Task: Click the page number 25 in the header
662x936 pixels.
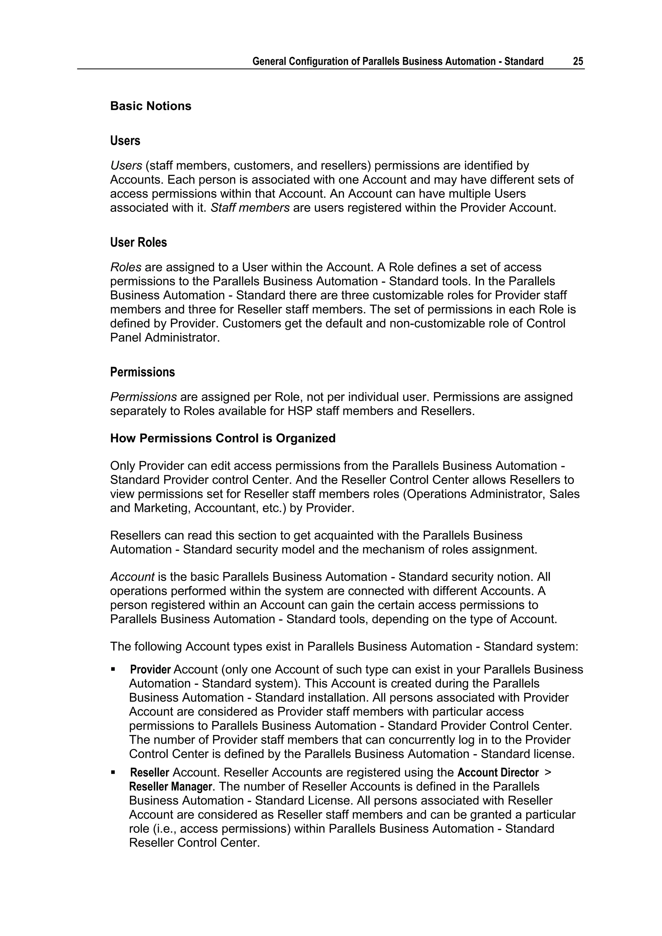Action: pos(578,61)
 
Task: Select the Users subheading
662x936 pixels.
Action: pos(125,141)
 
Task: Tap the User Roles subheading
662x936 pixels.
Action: pos(138,242)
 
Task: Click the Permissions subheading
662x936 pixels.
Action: pos(142,372)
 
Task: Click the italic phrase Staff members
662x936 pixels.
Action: pos(250,208)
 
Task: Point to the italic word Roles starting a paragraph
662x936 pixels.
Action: pos(125,267)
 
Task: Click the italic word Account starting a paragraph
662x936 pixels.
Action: pos(132,577)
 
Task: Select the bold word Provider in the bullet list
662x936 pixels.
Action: pos(150,670)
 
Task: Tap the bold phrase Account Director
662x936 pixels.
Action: pos(498,772)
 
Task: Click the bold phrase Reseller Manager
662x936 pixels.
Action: pos(170,787)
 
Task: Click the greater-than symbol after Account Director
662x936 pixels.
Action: pos(548,772)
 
